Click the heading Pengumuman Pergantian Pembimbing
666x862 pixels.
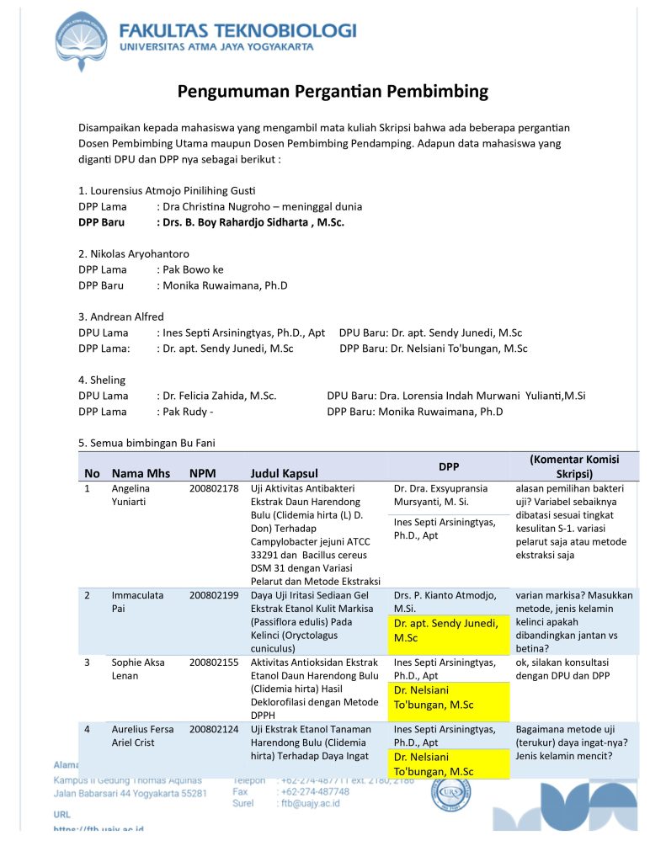pos(333,91)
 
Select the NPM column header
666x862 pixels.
pos(202,473)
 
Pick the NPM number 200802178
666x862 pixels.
pos(214,488)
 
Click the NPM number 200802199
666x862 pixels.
pos(214,595)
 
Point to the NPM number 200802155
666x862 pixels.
pos(214,662)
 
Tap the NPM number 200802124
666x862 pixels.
pos(214,729)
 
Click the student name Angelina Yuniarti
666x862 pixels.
pos(135,495)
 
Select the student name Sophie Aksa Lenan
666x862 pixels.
pos(139,668)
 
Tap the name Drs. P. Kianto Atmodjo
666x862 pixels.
pos(445,601)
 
